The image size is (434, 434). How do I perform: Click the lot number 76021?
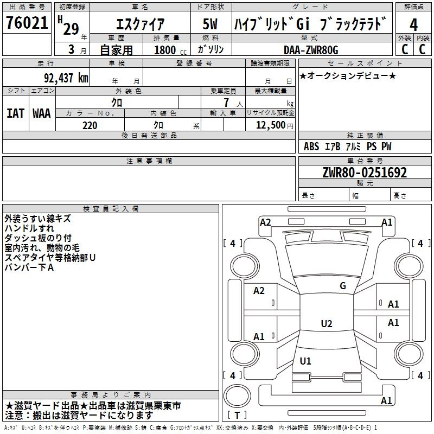27,23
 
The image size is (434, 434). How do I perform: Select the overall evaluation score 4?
413,24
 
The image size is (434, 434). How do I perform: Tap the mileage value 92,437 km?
66,78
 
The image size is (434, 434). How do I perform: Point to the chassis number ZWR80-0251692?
365,173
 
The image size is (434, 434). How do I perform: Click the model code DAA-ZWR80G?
311,50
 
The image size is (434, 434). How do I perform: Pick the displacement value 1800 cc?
170,50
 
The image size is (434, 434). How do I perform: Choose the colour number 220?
90,125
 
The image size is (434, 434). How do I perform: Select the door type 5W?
210,24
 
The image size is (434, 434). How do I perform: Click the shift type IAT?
16,113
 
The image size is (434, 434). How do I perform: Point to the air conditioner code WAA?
42,113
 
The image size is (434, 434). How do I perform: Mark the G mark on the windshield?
343,286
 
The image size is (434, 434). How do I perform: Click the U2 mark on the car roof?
327,323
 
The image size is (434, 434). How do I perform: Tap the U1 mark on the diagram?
305,361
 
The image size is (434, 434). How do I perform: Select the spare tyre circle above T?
237,396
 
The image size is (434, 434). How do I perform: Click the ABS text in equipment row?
311,146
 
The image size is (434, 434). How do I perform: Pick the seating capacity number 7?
226,103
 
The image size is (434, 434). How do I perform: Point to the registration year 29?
71,29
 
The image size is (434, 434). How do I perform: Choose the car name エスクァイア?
140,24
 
